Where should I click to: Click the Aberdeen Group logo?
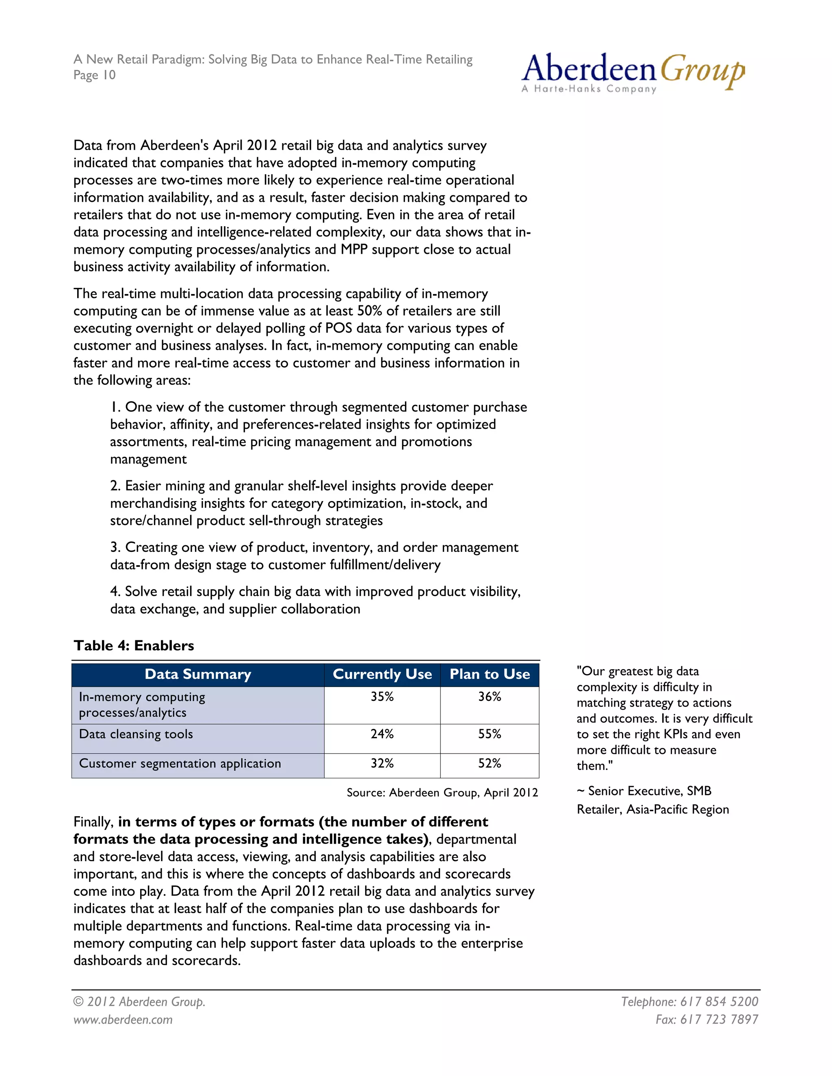(x=633, y=73)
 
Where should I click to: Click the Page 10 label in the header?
(x=95, y=76)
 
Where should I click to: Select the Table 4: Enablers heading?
(x=134, y=646)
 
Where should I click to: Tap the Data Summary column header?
(x=198, y=674)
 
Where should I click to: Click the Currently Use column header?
(x=382, y=674)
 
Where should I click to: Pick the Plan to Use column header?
(x=490, y=674)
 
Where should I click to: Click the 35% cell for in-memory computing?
(x=382, y=697)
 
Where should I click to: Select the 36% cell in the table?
(x=490, y=697)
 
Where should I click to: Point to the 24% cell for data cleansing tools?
(x=382, y=734)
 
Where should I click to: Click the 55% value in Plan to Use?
(x=490, y=734)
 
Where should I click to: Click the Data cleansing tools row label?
(x=136, y=734)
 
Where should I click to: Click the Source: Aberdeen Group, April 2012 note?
(x=442, y=792)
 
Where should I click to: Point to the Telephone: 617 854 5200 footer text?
(x=689, y=1002)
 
